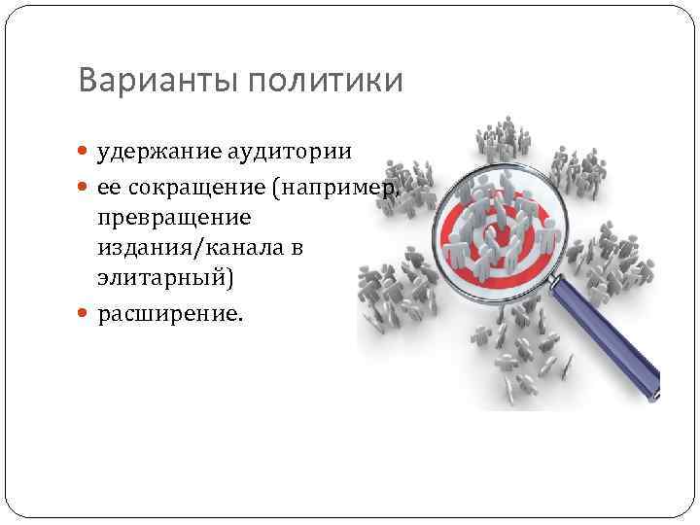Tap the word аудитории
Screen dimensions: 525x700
click(294, 151)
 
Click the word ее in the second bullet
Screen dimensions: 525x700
click(108, 187)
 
